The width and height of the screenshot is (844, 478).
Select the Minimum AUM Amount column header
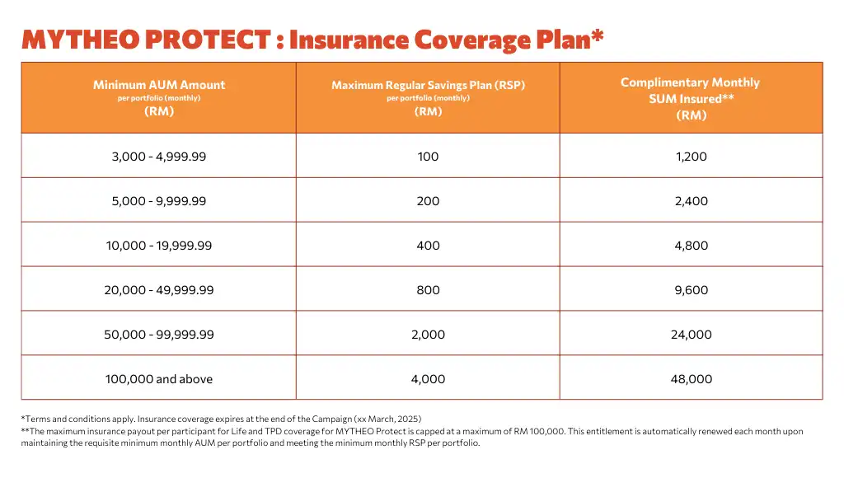point(159,85)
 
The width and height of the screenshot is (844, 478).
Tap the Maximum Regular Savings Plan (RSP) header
point(428,85)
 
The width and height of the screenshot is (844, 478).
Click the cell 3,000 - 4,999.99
point(159,157)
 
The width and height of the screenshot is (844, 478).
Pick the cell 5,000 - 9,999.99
point(159,201)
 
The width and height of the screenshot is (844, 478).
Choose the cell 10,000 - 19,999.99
point(159,246)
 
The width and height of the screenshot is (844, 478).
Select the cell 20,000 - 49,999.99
point(159,290)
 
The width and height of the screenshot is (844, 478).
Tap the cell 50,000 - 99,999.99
point(159,335)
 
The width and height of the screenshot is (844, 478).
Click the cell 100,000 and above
point(159,379)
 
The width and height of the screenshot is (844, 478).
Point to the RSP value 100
point(428,157)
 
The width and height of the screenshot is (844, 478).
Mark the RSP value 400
point(428,246)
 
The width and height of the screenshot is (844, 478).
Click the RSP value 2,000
point(428,335)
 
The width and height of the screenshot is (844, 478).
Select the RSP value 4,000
point(428,379)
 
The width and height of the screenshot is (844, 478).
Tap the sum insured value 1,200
point(691,157)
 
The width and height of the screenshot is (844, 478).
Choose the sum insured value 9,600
point(691,290)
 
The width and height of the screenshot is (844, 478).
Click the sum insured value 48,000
point(691,379)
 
